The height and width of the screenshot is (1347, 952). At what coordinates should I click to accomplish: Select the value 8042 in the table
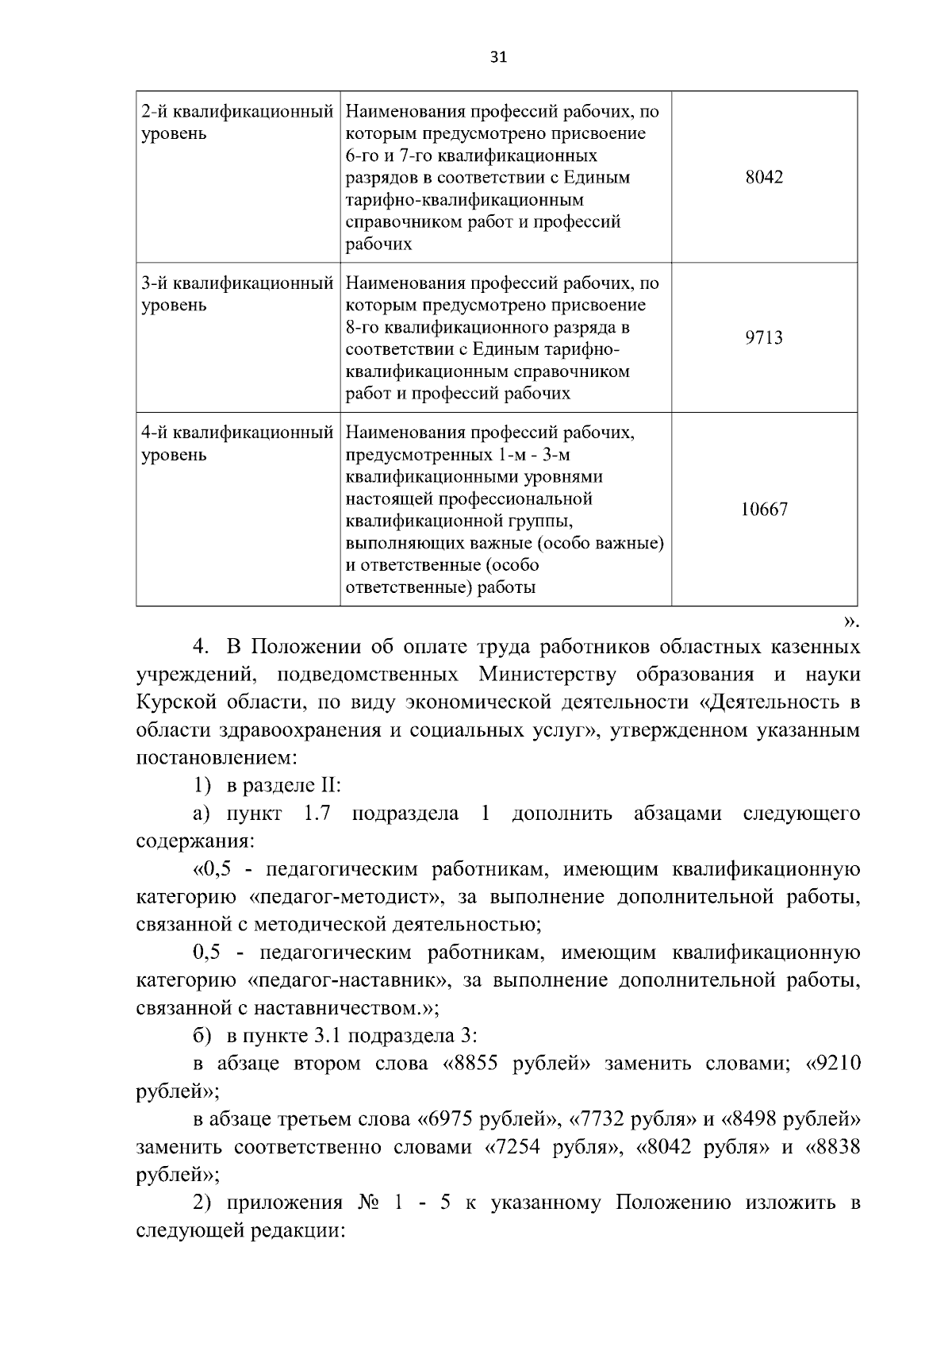[x=764, y=178]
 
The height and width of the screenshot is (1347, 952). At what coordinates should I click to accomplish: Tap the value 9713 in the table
[x=764, y=338]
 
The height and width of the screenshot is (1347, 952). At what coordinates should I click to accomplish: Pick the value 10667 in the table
[x=764, y=510]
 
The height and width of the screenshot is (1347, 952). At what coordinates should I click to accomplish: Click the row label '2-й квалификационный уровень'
[x=236, y=122]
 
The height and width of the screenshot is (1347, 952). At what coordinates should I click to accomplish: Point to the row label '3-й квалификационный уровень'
[x=236, y=294]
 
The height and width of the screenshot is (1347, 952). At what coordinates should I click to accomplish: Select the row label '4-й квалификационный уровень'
[x=236, y=444]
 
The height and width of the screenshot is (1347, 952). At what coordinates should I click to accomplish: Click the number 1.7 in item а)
[x=317, y=814]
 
